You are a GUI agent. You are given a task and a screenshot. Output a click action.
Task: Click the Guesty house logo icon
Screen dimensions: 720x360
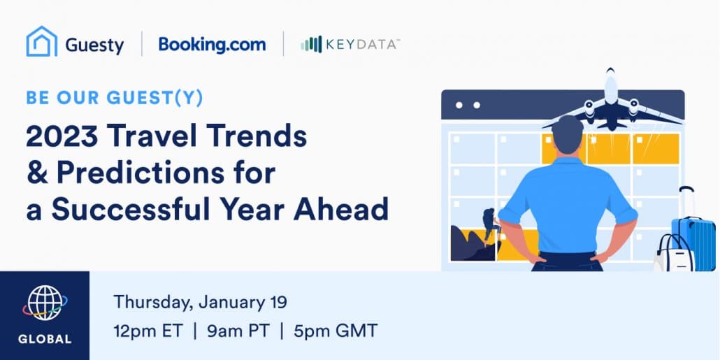[x=42, y=41]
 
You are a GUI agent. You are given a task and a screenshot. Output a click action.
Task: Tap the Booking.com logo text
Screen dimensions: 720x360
[x=212, y=45]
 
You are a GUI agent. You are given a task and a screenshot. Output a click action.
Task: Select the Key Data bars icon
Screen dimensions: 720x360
[x=311, y=44]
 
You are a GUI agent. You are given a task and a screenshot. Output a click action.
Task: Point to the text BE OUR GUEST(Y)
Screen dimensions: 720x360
[x=115, y=99]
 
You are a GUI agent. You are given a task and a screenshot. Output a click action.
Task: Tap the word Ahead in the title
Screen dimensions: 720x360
[x=340, y=209]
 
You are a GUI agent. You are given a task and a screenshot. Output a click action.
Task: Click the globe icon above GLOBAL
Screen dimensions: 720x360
[x=45, y=303]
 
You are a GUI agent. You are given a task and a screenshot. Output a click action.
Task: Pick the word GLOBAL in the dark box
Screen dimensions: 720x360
[x=45, y=339]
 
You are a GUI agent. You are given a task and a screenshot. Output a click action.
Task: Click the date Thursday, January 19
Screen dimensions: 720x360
[x=200, y=303]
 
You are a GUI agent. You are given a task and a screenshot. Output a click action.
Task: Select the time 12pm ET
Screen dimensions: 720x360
[x=148, y=331]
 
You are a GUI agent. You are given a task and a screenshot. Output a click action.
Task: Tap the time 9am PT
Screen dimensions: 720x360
[x=238, y=331]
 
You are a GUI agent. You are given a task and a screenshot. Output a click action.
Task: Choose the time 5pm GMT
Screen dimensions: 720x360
[x=336, y=331]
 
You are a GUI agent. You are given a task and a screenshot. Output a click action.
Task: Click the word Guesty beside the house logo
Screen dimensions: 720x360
[x=94, y=45]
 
